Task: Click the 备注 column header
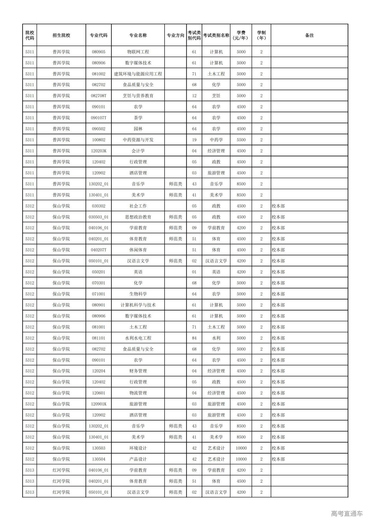[x=309, y=35]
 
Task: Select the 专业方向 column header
[x=175, y=35]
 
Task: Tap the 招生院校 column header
[x=61, y=35]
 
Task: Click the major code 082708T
[x=99, y=96]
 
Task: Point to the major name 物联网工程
[x=138, y=52]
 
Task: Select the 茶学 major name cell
[x=138, y=118]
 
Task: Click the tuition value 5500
[x=241, y=140]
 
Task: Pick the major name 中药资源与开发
[x=138, y=140]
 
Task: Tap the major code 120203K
[x=99, y=151]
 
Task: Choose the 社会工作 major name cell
[x=138, y=206]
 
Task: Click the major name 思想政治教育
[x=138, y=217]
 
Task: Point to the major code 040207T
[x=99, y=250]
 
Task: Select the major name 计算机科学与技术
[x=138, y=305]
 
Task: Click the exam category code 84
[x=194, y=338]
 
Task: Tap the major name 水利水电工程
[x=138, y=338]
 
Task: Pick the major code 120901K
[x=99, y=404]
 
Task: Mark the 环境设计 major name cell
[x=138, y=448]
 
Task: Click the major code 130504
[x=99, y=459]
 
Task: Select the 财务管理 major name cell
[x=138, y=371]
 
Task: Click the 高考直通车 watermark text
[x=347, y=513]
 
